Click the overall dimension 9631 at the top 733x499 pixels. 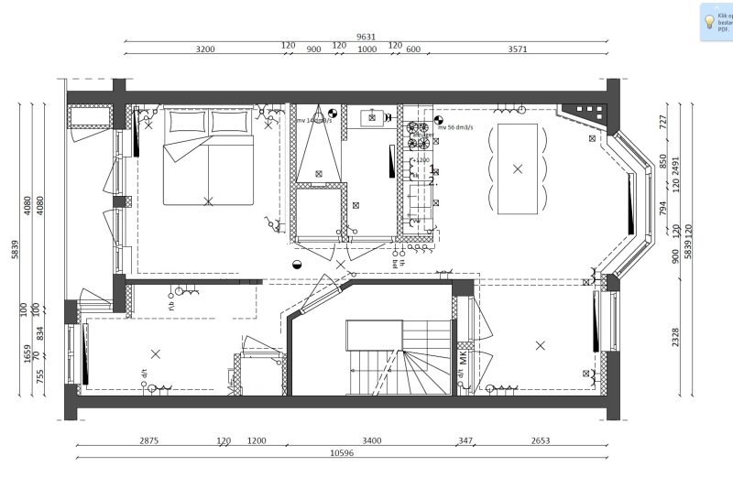(x=366, y=37)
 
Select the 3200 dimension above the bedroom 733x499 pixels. (x=205, y=49)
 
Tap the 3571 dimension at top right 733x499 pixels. (x=518, y=49)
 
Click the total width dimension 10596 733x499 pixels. (x=341, y=451)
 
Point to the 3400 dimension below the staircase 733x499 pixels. (x=371, y=440)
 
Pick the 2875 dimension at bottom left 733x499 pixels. (x=148, y=440)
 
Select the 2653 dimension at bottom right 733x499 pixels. (x=541, y=440)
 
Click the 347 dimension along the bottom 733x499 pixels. (x=465, y=440)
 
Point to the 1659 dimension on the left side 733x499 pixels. (x=27, y=353)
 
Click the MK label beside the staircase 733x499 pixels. (x=464, y=358)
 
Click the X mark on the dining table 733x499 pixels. (x=518, y=168)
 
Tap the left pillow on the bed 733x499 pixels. (x=186, y=122)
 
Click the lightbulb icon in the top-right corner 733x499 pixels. (x=709, y=20)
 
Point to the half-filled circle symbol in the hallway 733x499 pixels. (x=296, y=264)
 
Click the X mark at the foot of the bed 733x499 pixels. (x=208, y=200)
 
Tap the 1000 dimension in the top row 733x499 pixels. (x=366, y=49)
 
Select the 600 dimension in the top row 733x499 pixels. (x=413, y=49)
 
